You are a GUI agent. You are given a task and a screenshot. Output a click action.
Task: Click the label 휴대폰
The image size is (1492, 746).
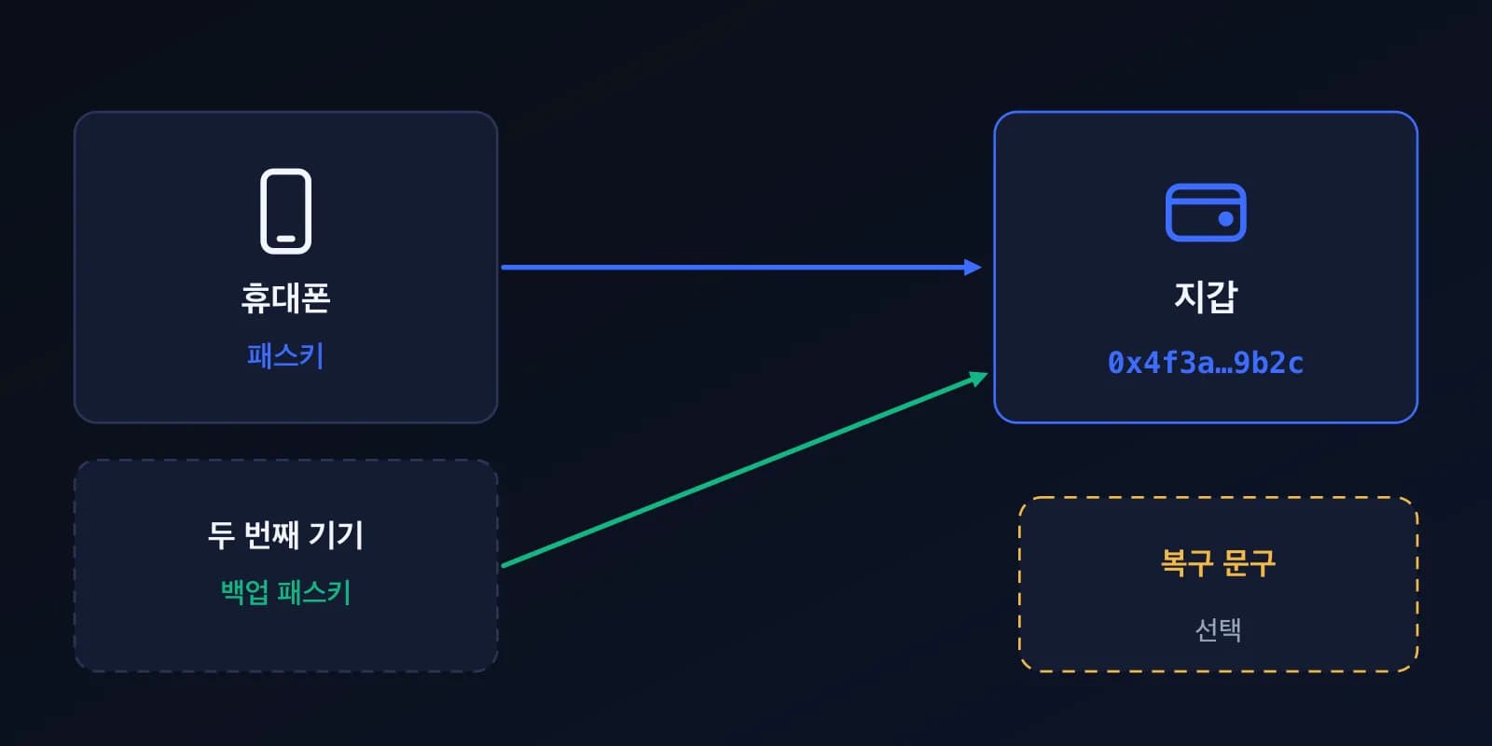tap(285, 297)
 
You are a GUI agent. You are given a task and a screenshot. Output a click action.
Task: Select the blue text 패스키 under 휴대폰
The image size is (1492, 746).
tap(285, 355)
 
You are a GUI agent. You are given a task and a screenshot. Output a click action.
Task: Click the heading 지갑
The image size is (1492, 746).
tap(1206, 297)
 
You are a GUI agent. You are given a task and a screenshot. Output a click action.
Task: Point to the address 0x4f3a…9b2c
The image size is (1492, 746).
tap(1206, 363)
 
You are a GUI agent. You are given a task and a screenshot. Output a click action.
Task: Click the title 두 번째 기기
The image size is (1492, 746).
tap(285, 535)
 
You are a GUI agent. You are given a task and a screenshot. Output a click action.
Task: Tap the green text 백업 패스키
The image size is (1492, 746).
tap(285, 592)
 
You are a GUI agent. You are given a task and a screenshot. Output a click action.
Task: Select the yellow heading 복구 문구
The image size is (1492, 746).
tap(1218, 563)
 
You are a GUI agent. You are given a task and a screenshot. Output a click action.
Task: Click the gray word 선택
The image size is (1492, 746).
tap(1218, 629)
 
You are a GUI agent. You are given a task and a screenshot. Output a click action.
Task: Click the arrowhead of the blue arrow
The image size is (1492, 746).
tap(973, 267)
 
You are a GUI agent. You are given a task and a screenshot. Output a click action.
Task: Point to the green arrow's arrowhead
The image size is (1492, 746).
tap(978, 379)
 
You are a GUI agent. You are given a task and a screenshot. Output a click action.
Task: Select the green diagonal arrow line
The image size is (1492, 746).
tap(745, 469)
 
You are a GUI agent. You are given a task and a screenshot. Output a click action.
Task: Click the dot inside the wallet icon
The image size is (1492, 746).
tap(1225, 219)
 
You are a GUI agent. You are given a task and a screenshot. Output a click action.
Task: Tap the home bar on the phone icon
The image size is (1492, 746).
tap(285, 239)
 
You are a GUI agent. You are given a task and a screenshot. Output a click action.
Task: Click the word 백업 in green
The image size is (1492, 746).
tap(245, 592)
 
